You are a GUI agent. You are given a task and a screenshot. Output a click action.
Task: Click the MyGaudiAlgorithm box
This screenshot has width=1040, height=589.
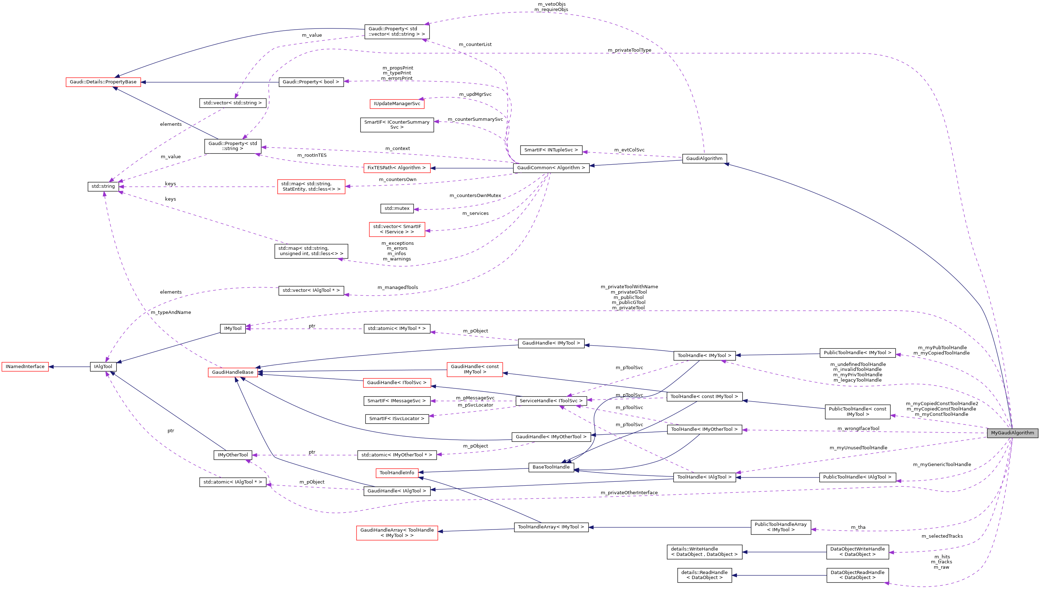pyautogui.click(x=1012, y=433)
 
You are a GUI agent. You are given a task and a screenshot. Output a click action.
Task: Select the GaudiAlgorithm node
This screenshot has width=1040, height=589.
pyautogui.click(x=704, y=159)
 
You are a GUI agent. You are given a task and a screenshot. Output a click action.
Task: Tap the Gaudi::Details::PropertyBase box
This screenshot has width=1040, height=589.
pyautogui.click(x=103, y=82)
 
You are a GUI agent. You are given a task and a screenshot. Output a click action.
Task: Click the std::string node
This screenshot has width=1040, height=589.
pyautogui.click(x=103, y=186)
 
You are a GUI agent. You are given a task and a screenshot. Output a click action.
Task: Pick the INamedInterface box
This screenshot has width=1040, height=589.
pyautogui.click(x=25, y=367)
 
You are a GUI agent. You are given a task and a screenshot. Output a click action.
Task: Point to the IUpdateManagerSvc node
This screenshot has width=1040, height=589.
pyautogui.click(x=396, y=104)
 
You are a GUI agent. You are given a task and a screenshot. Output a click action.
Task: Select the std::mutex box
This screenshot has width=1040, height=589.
pyautogui.click(x=396, y=209)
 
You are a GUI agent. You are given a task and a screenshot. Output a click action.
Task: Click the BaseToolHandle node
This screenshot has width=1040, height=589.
pyautogui.click(x=551, y=467)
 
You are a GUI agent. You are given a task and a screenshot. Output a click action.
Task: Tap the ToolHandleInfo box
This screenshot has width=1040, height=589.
pyautogui.click(x=396, y=473)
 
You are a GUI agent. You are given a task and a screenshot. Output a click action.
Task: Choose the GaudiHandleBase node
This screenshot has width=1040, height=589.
pyautogui.click(x=233, y=372)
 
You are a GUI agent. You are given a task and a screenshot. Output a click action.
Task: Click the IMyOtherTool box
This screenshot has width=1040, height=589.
pyautogui.click(x=233, y=455)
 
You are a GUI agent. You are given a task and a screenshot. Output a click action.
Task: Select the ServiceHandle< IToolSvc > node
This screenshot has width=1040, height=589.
pyautogui.click(x=551, y=401)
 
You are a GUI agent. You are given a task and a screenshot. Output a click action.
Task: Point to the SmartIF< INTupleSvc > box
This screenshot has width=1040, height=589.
pyautogui.click(x=551, y=150)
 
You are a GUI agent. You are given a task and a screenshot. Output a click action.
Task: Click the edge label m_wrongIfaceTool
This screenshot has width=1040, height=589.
pyautogui.click(x=858, y=428)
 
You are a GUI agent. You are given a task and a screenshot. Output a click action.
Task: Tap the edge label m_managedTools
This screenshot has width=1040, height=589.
pyautogui.click(x=398, y=288)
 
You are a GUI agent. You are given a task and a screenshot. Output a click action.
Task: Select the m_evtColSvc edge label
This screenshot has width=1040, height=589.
pyautogui.click(x=629, y=150)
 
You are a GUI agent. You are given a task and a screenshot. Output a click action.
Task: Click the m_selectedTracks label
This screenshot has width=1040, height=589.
pyautogui.click(x=942, y=536)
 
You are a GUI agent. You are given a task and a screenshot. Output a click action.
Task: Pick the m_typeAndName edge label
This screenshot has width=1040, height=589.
pyautogui.click(x=171, y=312)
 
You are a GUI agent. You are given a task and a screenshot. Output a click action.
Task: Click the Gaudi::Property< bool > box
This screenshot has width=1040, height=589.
pyautogui.click(x=311, y=82)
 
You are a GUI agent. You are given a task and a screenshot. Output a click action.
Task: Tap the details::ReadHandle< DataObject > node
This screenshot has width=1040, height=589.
pyautogui.click(x=704, y=575)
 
